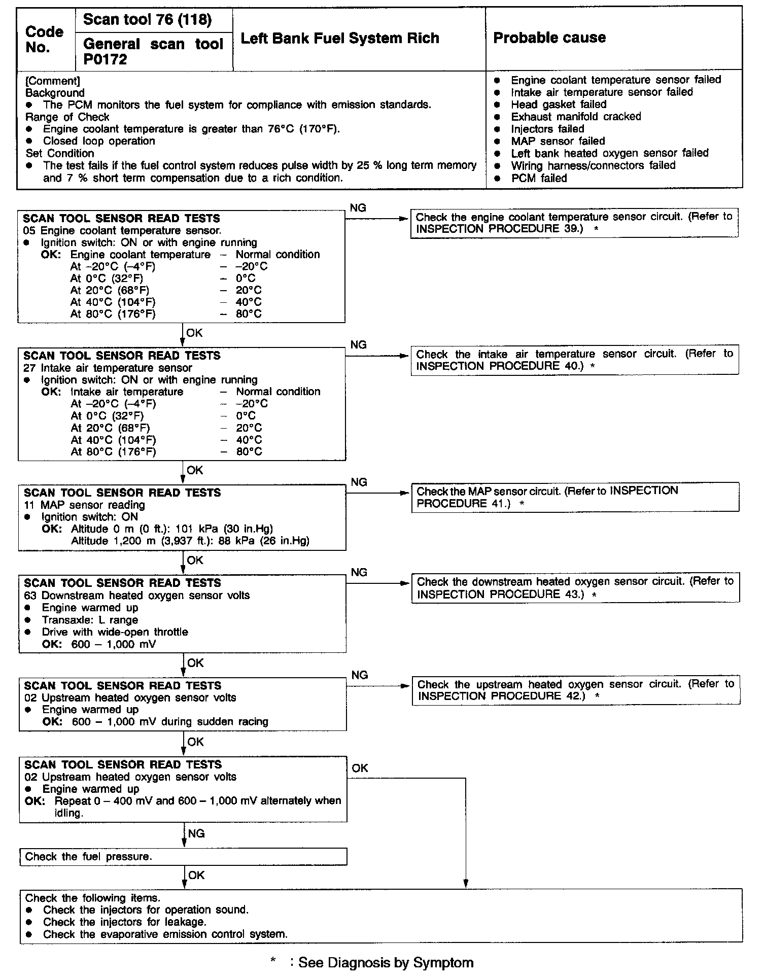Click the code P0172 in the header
(105, 60)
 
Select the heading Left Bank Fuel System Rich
(339, 39)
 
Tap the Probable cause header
(549, 38)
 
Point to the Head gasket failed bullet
(559, 104)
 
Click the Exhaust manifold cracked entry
(576, 117)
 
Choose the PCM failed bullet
(539, 178)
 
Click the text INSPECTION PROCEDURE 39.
(499, 229)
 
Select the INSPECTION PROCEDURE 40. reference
(500, 366)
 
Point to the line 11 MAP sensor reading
(84, 505)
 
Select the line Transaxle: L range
(90, 620)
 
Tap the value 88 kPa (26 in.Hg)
(263, 541)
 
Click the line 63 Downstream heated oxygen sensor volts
(137, 596)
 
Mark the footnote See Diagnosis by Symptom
(386, 962)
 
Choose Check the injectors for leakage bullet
(124, 922)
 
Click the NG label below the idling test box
(196, 833)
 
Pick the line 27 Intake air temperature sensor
(108, 368)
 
